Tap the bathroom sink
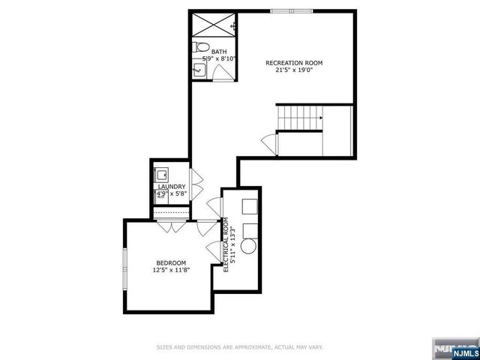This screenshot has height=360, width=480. click(x=199, y=70)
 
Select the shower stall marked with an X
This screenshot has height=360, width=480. click(x=212, y=25)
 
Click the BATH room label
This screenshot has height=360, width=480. click(x=219, y=52)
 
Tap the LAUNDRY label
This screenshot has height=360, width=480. click(x=172, y=187)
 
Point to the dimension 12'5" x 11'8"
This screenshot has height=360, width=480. click(x=171, y=270)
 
